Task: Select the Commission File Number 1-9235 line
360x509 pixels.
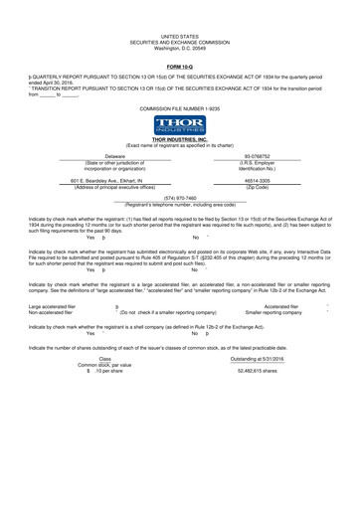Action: tap(180, 105)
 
